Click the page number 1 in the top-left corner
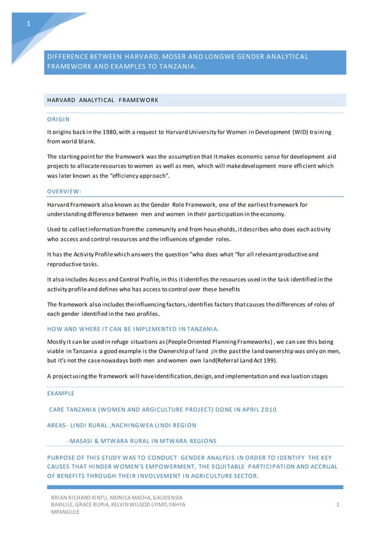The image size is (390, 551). click(28, 24)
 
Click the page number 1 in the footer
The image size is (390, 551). click(338, 505)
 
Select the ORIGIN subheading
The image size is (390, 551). click(58, 119)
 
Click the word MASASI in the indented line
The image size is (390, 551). click(83, 440)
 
